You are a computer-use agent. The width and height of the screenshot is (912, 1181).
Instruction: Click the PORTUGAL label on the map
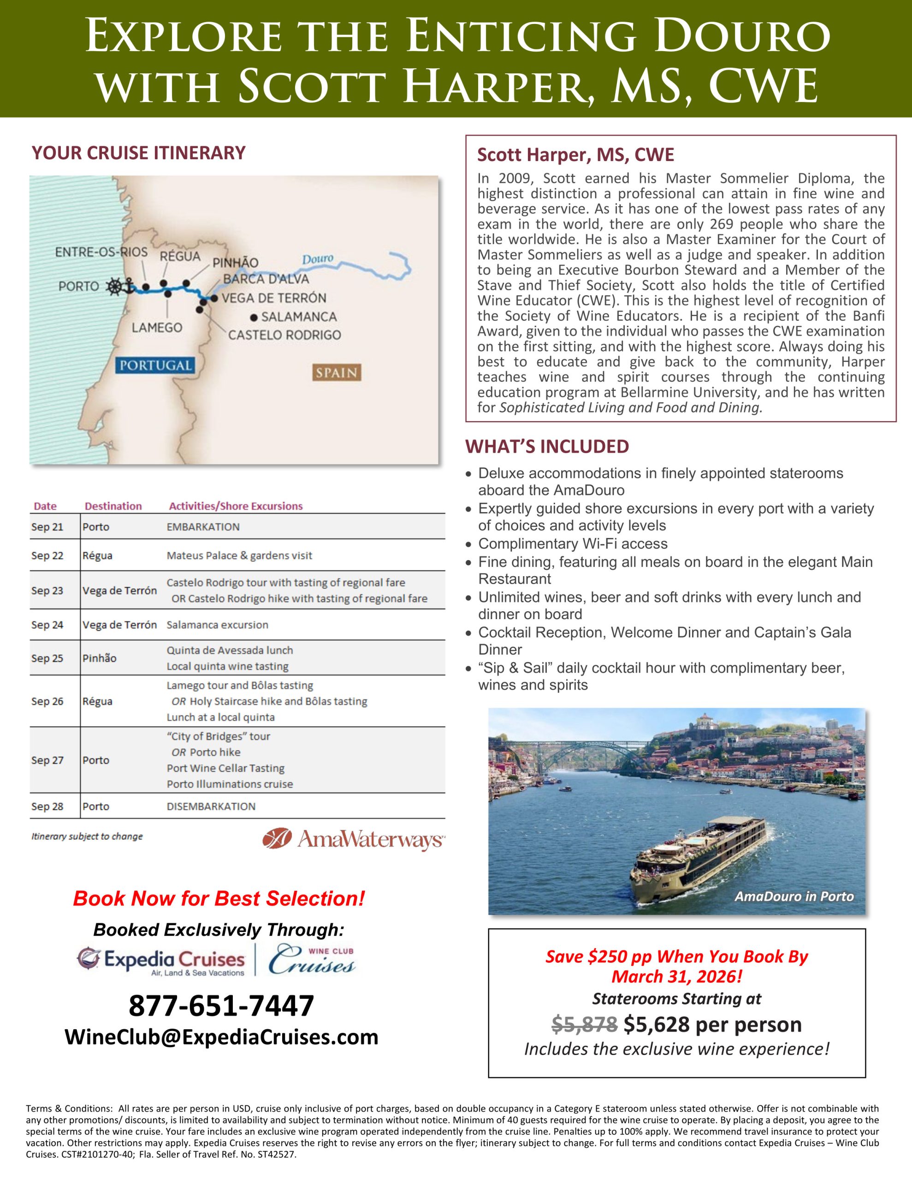155,365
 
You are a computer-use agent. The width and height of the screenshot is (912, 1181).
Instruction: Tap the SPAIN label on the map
336,373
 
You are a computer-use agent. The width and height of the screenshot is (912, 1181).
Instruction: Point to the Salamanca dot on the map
254,317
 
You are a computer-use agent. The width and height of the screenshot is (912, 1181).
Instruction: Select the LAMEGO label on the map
157,327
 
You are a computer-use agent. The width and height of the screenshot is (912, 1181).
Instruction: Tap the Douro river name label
317,259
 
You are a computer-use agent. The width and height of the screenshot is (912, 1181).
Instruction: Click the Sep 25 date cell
47,658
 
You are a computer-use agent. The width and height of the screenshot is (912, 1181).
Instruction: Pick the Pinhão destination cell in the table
100,658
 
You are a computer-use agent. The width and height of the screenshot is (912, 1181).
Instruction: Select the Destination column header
113,506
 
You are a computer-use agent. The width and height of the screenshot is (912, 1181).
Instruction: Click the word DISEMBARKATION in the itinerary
211,806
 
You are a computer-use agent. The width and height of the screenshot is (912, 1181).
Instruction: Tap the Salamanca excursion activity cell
217,625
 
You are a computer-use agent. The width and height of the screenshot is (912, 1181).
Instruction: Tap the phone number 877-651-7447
221,1006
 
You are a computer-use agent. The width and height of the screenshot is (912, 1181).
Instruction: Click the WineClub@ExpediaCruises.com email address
221,1037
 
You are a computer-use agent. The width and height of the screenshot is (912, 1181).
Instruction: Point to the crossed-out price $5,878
584,1024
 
